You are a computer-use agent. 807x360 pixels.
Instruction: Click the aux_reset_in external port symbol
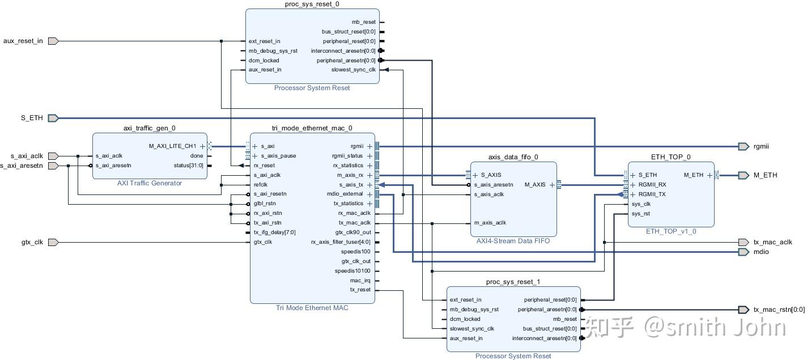click(53, 41)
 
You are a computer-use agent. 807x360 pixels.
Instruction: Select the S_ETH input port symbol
click(53, 118)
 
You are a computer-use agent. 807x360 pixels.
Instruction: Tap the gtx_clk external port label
click(32, 242)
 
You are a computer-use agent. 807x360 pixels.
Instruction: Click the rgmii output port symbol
click(744, 147)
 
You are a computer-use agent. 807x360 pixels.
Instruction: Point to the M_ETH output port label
click(765, 175)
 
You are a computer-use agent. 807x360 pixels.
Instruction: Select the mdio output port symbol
click(744, 252)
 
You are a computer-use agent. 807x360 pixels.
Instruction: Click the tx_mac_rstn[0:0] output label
click(779, 310)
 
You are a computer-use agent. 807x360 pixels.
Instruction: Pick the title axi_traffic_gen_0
click(150, 128)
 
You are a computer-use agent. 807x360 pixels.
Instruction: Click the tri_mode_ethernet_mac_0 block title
click(312, 128)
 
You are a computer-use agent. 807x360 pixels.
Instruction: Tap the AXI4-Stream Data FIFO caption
click(513, 241)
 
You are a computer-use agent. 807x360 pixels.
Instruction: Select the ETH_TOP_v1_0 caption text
click(671, 231)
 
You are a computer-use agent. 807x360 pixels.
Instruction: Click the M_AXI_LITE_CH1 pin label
click(173, 146)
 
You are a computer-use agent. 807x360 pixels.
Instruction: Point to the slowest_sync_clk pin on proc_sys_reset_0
click(354, 70)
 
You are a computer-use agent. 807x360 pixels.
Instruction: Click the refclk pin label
click(261, 184)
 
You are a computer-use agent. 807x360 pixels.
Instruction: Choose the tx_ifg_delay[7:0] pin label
click(274, 232)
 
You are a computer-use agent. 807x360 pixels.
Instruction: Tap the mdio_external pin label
click(345, 194)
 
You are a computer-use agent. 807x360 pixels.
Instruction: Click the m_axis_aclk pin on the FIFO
click(490, 223)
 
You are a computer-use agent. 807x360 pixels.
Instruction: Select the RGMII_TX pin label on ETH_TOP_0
click(652, 194)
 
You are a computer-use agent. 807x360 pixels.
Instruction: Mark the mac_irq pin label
click(360, 281)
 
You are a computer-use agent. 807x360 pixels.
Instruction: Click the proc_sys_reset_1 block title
click(513, 282)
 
